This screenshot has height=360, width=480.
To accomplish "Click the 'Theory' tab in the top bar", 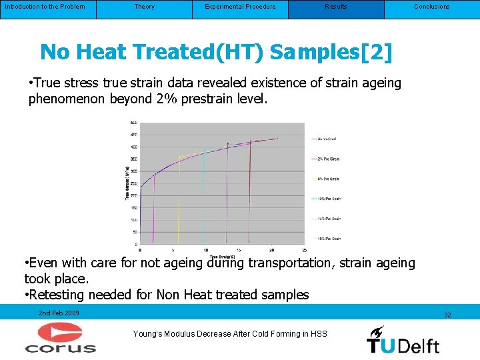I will pyautogui.click(x=144, y=7).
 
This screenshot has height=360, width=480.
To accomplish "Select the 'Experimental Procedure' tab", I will pyautogui.click(x=240, y=7).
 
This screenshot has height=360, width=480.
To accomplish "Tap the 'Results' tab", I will pyautogui.click(x=336, y=7).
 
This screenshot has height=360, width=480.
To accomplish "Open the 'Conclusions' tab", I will pyautogui.click(x=432, y=7).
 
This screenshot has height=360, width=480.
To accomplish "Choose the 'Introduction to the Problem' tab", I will pyautogui.click(x=45, y=7).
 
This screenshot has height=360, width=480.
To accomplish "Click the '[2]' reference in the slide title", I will pyautogui.click(x=376, y=52).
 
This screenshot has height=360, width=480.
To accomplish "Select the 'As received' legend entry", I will pyautogui.click(x=326, y=139).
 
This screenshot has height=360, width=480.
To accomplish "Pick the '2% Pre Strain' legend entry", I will pyautogui.click(x=327, y=159).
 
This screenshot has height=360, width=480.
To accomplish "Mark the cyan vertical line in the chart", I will pyautogui.click(x=203, y=200).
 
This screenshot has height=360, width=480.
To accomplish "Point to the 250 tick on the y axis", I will pyautogui.click(x=133, y=183).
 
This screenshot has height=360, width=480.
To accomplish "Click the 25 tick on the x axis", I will pyautogui.click(x=304, y=249).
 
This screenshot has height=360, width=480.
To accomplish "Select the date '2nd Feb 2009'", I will pyautogui.click(x=59, y=313).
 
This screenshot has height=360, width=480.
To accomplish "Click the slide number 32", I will pyautogui.click(x=447, y=315).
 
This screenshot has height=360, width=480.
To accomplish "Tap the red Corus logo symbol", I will pyautogui.click(x=60, y=333).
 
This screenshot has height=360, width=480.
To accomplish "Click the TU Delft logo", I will pyautogui.click(x=403, y=340).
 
